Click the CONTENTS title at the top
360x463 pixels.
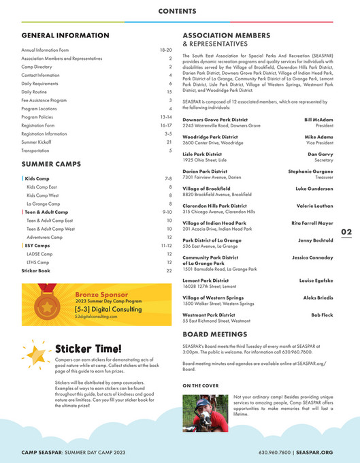pyautogui.click(x=180, y=12)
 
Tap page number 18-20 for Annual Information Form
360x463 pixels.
pyautogui.click(x=165, y=50)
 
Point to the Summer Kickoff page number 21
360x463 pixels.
pyautogui.click(x=169, y=142)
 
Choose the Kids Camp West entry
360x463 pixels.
pyautogui.click(x=44, y=195)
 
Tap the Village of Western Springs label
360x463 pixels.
pyautogui.click(x=214, y=298)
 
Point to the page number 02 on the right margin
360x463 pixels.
pyautogui.click(x=346, y=232)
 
